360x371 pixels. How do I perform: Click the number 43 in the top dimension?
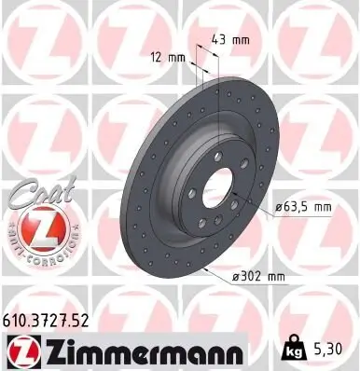tap(219, 41)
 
